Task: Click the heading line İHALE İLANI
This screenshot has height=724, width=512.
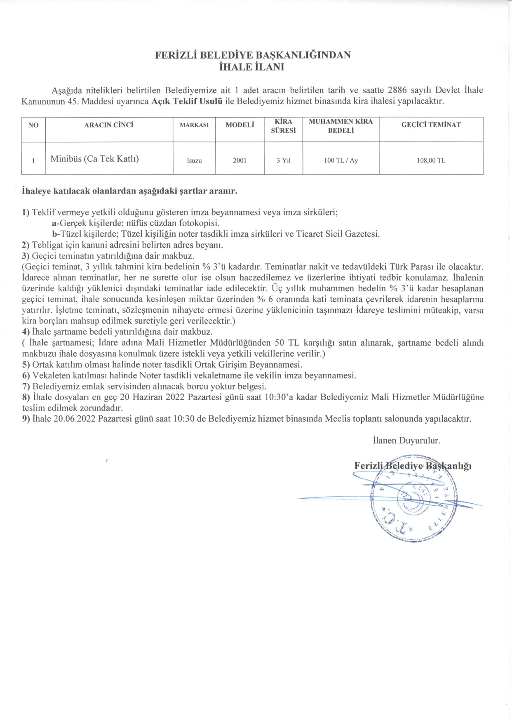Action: click(x=252, y=67)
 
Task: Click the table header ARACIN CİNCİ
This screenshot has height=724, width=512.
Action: click(x=109, y=125)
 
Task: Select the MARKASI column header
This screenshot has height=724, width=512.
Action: click(x=194, y=125)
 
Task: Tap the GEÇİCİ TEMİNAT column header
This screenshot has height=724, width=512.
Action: click(x=431, y=125)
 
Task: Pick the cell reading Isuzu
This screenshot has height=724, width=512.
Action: click(x=194, y=160)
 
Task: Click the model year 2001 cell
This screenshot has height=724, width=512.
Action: click(x=240, y=160)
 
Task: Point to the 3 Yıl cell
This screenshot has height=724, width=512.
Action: click(x=283, y=160)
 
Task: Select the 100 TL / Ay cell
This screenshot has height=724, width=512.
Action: click(x=341, y=160)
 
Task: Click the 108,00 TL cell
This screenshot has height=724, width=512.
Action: click(x=431, y=160)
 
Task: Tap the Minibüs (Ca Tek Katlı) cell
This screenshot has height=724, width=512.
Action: click(x=94, y=159)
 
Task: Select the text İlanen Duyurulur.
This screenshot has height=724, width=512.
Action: click(x=406, y=440)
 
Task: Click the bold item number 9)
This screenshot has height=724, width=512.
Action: click(x=26, y=419)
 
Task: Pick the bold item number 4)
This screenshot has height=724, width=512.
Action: click(x=26, y=332)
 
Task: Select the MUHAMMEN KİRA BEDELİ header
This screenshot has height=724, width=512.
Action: click(x=341, y=126)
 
